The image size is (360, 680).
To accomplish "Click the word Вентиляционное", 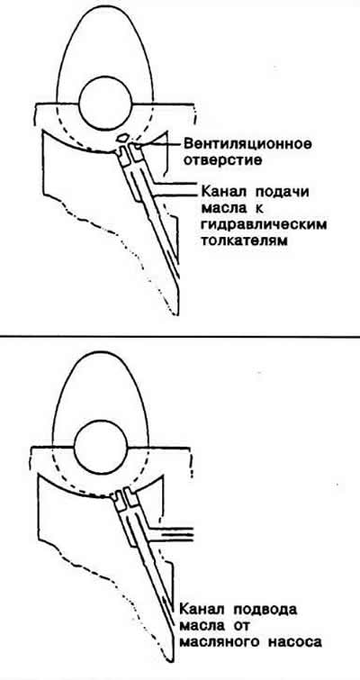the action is point(247,143).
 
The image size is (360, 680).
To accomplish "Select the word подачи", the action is point(282,192).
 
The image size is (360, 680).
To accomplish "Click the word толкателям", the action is point(245,241).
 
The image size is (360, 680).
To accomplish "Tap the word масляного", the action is point(216,643).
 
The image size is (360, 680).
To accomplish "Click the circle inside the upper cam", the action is point(104,104).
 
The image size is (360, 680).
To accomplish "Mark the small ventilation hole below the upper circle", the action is point(122,138).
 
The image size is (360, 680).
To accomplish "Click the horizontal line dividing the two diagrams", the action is point(180,336).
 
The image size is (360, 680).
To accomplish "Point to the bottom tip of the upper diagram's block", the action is point(175,314).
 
